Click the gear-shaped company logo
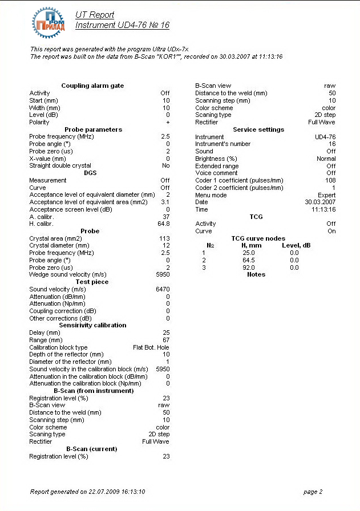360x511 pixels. pos(50,21)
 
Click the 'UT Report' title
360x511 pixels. pos(95,15)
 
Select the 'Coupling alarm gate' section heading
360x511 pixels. pos(92,86)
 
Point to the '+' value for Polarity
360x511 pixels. pos(168,122)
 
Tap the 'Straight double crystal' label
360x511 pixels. pos(60,165)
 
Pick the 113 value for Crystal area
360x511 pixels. pos(165,238)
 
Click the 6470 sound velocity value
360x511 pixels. pos(163,289)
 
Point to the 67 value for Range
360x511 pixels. pos(166,340)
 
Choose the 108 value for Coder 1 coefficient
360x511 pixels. pos(330,180)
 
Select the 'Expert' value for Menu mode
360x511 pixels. pos(326,195)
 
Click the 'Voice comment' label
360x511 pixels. pos(216,173)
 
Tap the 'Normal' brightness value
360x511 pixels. pos(326,159)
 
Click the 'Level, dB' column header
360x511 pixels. pos(296,245)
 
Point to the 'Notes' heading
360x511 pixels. pos(256,274)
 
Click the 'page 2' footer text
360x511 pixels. pos(313,492)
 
